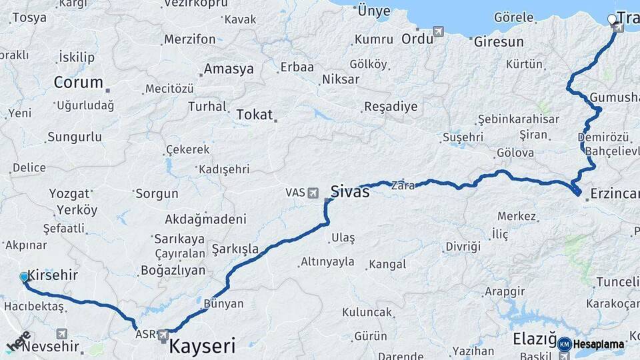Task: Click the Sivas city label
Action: pos(350,192)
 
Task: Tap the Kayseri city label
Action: pos(202,346)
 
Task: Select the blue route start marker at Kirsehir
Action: pos(24,277)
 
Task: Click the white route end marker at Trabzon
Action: pos(612,19)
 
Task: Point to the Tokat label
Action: pos(255,115)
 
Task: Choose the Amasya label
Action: pos(229,69)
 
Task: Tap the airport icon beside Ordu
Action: pos(438,31)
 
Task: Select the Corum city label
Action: pos(78,83)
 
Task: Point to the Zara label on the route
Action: pos(404,185)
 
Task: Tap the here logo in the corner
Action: pos(19,341)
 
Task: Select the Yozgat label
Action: pos(69,194)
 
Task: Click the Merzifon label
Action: pos(190,39)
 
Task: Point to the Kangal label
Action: pos(387,264)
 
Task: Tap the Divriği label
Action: pos(463,247)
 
